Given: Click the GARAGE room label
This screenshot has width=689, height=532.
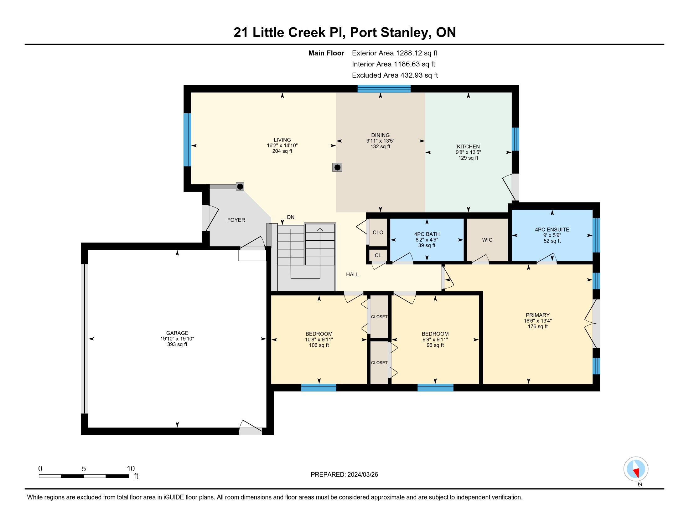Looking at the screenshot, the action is (x=177, y=333).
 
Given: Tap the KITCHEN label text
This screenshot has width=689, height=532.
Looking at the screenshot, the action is (x=468, y=146).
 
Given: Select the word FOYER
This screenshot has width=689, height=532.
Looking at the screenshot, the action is (x=236, y=220).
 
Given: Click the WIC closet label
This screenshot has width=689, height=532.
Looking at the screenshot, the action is (x=487, y=240).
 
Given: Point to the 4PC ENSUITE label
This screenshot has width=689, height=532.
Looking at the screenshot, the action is (x=552, y=230).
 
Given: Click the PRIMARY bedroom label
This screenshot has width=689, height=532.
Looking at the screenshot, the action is (x=537, y=315).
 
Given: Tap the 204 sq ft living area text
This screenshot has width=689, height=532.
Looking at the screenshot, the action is (x=282, y=151).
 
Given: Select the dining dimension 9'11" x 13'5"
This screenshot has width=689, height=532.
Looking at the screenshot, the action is (x=381, y=141).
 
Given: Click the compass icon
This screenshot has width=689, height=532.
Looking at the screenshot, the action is (x=636, y=469).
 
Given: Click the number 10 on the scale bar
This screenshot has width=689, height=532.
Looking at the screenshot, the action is (x=131, y=469).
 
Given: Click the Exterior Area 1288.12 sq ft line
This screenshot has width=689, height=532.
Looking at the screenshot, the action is (x=395, y=53).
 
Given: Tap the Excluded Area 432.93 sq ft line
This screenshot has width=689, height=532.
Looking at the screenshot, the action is (x=395, y=75).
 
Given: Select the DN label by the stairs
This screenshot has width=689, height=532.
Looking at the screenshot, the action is (x=291, y=217).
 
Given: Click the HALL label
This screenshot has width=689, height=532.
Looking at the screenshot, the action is (x=352, y=274).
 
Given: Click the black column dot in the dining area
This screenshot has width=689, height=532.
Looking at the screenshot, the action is (x=337, y=167).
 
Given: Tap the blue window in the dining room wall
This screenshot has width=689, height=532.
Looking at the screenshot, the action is (x=384, y=89).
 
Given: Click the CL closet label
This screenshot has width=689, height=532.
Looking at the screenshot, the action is (x=378, y=255).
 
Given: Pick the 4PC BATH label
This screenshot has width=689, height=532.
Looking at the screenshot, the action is (x=427, y=234).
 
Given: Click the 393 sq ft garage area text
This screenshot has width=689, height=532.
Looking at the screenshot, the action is (x=177, y=344).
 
